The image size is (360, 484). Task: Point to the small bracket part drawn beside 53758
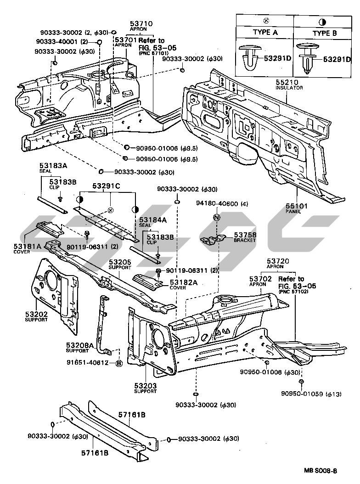point(213,239)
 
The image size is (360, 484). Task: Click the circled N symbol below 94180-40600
point(217,217)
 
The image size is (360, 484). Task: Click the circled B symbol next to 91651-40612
point(119,363)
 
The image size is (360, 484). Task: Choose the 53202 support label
point(36,315)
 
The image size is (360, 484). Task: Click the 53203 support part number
point(145,386)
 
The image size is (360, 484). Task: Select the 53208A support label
point(79,345)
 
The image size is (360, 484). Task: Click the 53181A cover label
point(28,247)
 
